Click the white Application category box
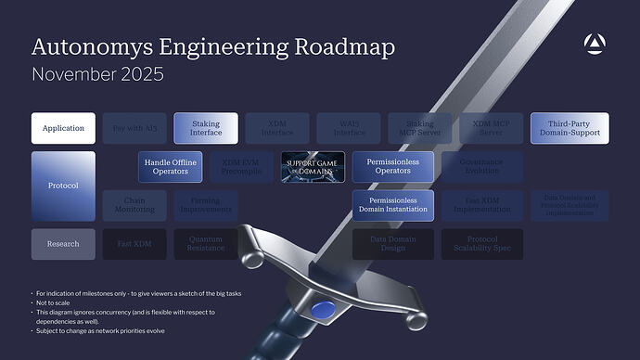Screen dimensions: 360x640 point(63,128)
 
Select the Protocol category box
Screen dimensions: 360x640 point(63,186)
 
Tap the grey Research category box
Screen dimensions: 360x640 point(63,244)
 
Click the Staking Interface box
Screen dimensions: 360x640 point(206,128)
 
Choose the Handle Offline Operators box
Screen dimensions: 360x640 point(171,167)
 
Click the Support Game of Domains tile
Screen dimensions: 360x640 point(313,167)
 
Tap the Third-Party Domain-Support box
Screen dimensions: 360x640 point(570,128)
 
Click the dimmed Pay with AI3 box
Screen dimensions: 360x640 point(134,128)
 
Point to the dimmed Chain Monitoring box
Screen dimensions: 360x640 point(134,205)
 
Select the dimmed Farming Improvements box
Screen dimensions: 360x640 point(206,205)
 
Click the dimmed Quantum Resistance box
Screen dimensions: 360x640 point(206,244)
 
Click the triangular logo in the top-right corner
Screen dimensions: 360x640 point(594,43)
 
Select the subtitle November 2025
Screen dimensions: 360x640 point(97,74)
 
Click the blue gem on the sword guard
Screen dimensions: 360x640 point(322,310)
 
